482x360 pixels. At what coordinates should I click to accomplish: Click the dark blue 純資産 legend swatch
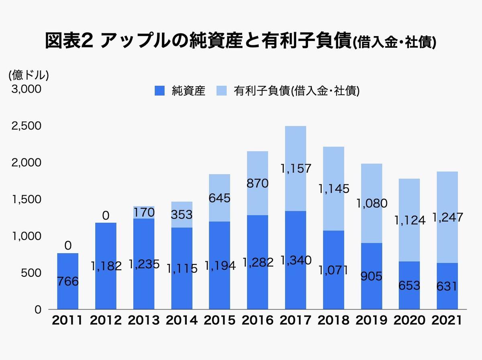point(159,91)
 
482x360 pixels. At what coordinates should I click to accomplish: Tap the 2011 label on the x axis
point(67,320)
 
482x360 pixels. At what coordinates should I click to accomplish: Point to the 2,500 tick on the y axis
point(26,126)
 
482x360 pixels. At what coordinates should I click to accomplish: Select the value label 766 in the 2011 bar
point(67,282)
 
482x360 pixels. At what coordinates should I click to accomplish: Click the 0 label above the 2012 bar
point(105,216)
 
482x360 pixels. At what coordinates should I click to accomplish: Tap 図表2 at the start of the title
point(69,41)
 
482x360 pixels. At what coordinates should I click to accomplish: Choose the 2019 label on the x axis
point(372,320)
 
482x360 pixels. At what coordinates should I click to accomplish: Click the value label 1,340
point(296,260)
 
